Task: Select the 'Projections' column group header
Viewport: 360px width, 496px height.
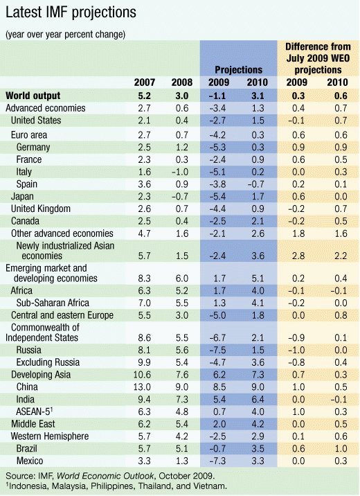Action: [x=238, y=70]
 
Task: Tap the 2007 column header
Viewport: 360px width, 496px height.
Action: [x=145, y=83]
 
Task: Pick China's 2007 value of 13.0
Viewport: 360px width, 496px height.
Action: [x=145, y=386]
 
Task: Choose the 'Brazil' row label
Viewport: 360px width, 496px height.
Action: [x=29, y=450]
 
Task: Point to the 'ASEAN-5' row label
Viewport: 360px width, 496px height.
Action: [x=35, y=411]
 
